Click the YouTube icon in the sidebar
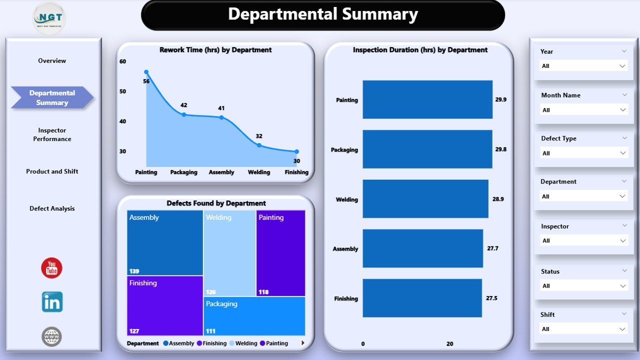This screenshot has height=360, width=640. (x=51, y=268)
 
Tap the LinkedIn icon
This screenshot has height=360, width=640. (x=52, y=302)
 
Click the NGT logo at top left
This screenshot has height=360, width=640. (x=49, y=18)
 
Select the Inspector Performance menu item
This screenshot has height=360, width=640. (x=52, y=134)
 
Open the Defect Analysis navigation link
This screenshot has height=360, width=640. (x=52, y=208)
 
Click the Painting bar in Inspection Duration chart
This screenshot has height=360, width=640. (x=427, y=99)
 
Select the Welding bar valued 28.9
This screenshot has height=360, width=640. (x=425, y=199)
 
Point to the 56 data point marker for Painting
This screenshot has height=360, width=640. (x=146, y=72)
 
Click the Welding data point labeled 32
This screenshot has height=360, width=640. (x=259, y=145)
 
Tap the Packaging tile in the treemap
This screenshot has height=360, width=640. (x=254, y=316)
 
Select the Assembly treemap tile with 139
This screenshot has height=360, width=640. (x=164, y=242)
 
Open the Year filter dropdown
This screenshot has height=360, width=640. (x=583, y=66)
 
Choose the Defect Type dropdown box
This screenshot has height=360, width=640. (x=583, y=153)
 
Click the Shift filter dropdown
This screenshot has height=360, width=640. (x=583, y=329)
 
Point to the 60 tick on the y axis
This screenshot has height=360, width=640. (x=123, y=61)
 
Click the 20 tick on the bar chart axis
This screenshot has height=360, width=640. (x=449, y=344)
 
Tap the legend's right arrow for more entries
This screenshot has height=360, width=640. (x=302, y=343)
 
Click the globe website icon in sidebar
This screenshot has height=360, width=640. (x=51, y=336)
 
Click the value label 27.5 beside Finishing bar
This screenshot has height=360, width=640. (x=492, y=298)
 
